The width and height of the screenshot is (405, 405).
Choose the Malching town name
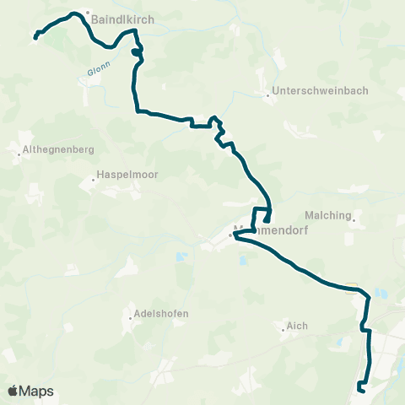327,215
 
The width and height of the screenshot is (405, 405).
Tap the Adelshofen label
160,313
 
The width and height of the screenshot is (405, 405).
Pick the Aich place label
296,325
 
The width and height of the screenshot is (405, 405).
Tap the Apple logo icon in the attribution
13,391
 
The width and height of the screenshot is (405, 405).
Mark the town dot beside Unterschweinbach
267,95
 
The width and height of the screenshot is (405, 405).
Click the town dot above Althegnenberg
19,154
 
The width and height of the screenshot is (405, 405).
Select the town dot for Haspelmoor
94,179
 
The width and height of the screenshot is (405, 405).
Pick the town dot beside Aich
283,330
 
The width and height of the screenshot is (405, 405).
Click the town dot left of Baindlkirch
85,13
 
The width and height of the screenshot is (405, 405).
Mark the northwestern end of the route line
35,37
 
